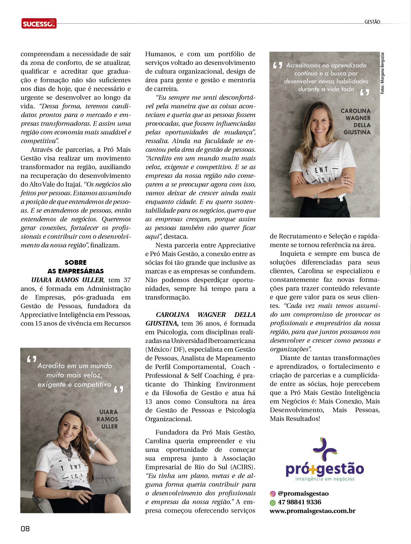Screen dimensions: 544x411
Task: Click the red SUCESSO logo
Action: (x=39, y=23)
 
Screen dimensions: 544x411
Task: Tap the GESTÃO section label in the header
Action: (x=372, y=22)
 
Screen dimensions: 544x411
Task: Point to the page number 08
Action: (x=25, y=529)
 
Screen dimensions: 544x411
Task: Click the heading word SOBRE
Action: (x=75, y=262)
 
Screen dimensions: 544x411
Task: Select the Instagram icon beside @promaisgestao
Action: (x=272, y=494)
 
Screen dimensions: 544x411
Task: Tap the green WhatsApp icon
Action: (x=272, y=503)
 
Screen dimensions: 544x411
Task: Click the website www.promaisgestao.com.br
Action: (x=312, y=511)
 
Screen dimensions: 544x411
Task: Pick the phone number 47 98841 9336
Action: (x=299, y=502)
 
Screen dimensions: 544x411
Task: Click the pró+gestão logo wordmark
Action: (x=325, y=469)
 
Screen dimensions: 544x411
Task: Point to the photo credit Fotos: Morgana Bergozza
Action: (x=382, y=73)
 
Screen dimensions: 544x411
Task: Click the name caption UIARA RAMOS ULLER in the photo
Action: (x=108, y=419)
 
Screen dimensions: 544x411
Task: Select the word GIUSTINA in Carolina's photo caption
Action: (x=357, y=132)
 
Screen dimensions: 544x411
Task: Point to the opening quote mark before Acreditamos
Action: (x=277, y=65)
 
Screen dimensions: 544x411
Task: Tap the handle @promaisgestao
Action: (x=303, y=494)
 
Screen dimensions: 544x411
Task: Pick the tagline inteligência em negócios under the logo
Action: (x=325, y=479)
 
